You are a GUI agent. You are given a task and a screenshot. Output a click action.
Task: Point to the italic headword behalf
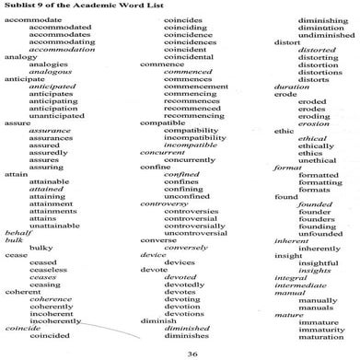pos(17,233)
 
